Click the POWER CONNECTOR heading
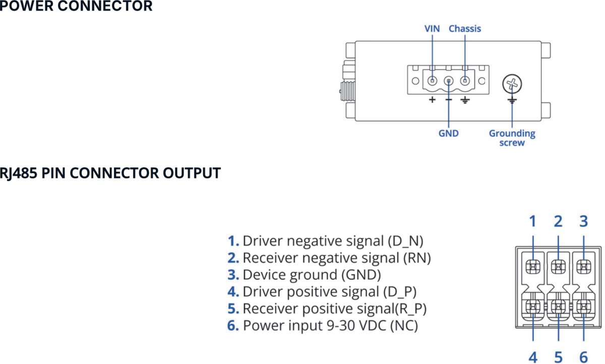tap(76, 7)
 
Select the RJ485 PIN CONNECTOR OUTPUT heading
tap(110, 173)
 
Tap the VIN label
tap(432, 29)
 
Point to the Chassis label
tap(464, 29)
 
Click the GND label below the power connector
tap(448, 133)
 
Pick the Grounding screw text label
tap(512, 138)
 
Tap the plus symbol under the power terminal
tap(432, 100)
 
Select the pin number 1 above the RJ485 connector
tap(532, 221)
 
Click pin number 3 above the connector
tap(583, 221)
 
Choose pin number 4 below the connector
tap(532, 357)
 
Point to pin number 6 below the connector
tap(583, 357)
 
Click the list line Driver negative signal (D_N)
tap(326, 241)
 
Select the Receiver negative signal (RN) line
tap(329, 258)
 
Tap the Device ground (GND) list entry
tap(305, 275)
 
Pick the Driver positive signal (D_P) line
tap(322, 292)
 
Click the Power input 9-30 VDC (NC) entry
tap(323, 326)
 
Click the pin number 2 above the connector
tap(558, 221)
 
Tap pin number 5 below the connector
tap(558, 357)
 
